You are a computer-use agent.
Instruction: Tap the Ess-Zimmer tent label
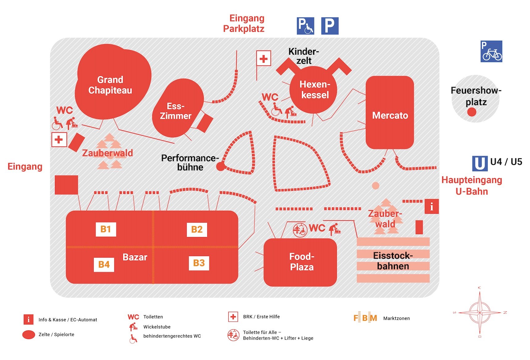point(176,111)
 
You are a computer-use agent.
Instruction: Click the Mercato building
point(390,115)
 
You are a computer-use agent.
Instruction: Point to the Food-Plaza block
point(301,262)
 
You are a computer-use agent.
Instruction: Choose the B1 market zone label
point(106,229)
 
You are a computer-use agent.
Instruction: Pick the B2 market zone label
point(197,229)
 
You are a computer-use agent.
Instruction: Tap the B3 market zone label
point(199,263)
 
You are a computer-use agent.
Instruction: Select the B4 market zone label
point(104,265)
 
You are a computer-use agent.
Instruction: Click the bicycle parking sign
point(491,51)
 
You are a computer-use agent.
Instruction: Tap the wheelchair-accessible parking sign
point(305,26)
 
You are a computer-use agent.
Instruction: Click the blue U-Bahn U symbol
point(480,163)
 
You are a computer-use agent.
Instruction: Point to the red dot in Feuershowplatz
point(472,112)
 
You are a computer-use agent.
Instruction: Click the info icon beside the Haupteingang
point(431,206)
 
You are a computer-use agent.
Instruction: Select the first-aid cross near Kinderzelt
point(264,58)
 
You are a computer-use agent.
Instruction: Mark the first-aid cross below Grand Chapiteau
point(59,140)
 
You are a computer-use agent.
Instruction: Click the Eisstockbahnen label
point(393,261)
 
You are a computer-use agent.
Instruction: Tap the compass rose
point(480,312)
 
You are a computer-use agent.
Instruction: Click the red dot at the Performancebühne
point(220,167)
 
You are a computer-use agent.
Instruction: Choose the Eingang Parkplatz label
point(244,23)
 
